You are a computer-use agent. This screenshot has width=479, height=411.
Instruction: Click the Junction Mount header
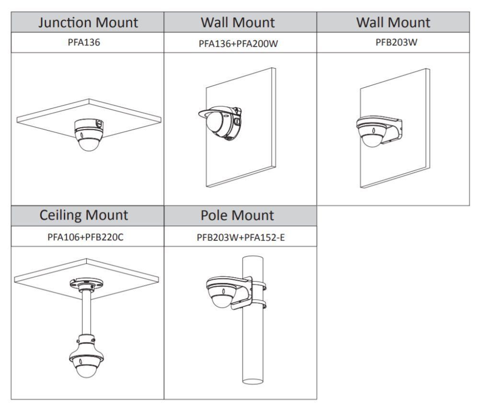point(87,22)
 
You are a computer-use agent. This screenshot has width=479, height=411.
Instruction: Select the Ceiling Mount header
point(87,215)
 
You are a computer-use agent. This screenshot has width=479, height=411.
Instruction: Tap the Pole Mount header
point(240,215)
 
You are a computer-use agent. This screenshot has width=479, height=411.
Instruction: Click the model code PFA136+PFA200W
point(240,43)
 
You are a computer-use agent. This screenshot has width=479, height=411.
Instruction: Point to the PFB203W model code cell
point(393,42)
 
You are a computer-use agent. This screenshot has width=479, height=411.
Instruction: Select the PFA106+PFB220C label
point(87,236)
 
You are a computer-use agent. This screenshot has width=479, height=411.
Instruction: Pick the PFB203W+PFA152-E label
point(240,236)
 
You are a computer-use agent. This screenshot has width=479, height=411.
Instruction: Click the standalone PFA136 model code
point(87,42)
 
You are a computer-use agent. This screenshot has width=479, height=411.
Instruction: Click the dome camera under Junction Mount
point(88,137)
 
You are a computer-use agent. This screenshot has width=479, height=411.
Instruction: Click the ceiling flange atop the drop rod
point(86,283)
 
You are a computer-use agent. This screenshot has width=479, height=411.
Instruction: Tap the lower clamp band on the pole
point(259,304)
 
